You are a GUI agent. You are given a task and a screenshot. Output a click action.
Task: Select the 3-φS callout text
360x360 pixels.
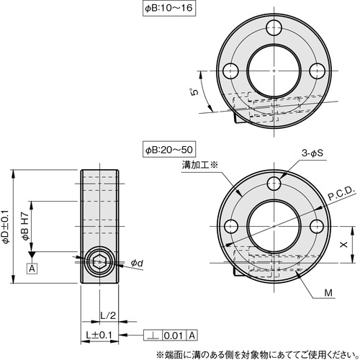[314, 154]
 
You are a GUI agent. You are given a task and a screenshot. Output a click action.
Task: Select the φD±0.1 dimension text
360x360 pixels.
[6, 227]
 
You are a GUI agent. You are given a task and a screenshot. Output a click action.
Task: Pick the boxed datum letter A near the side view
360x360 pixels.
[31, 269]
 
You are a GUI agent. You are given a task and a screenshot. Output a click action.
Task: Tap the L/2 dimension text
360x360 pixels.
[106, 315]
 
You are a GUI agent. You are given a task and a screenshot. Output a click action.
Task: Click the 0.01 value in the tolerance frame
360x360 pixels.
[172, 336]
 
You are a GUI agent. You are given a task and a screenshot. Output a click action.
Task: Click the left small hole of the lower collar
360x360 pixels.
[233, 225]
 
